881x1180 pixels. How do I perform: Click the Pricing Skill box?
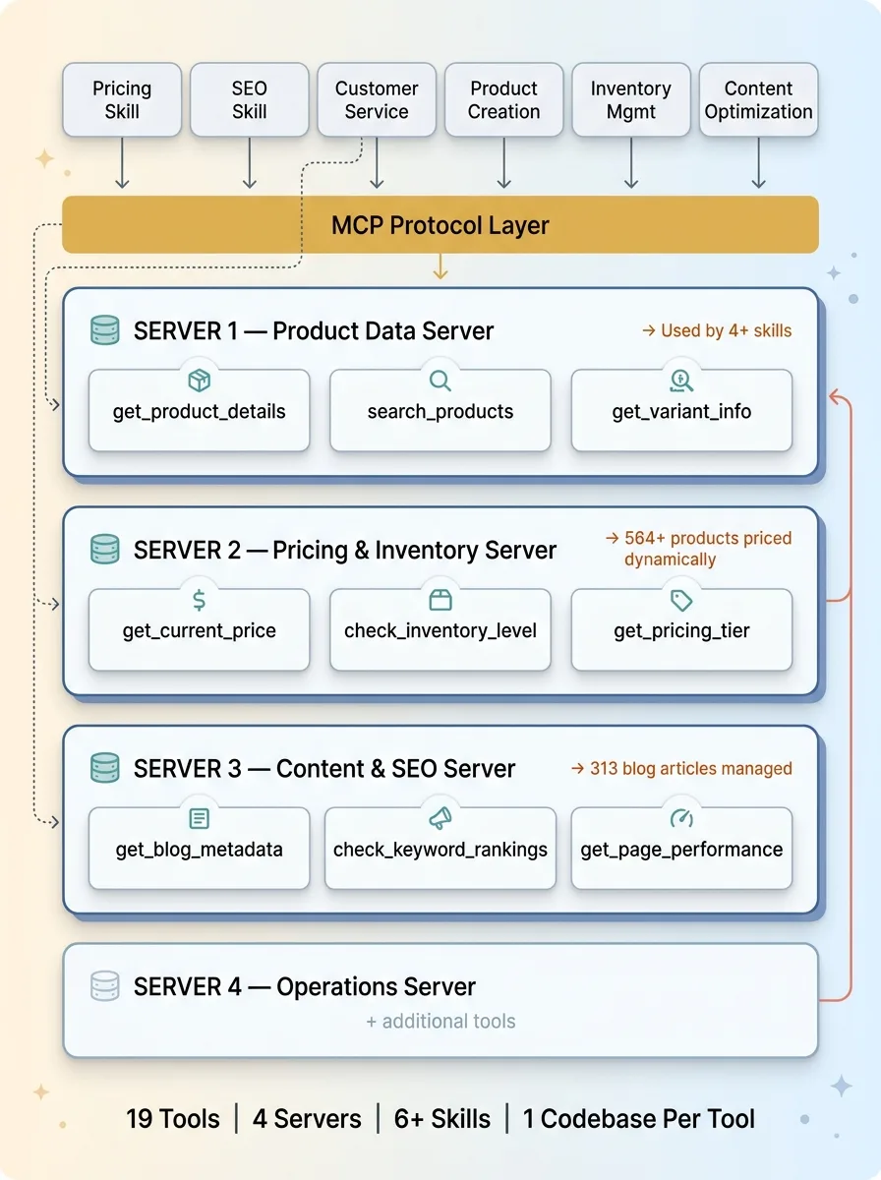[122, 99]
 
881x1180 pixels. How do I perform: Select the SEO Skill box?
[249, 99]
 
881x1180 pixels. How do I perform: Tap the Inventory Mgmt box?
[630, 99]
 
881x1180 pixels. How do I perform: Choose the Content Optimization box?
[758, 99]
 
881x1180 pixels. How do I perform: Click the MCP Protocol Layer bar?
[440, 224]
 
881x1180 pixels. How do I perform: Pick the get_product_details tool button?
[199, 410]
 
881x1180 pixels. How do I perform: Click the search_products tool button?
[440, 410]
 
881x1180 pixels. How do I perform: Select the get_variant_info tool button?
[680, 410]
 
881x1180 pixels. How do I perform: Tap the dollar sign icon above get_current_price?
[199, 601]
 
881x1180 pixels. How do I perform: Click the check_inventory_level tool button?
[440, 629]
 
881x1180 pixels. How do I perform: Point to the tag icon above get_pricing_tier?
[680, 601]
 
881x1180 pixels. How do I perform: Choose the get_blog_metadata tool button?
[199, 848]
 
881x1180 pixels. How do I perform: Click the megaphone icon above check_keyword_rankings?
[440, 819]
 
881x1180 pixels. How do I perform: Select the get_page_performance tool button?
[680, 848]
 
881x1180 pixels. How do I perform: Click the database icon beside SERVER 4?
[104, 985]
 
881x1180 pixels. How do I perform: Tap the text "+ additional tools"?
[440, 1022]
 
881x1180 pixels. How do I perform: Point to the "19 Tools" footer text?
[173, 1118]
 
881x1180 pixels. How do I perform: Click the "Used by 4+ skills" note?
[716, 331]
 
